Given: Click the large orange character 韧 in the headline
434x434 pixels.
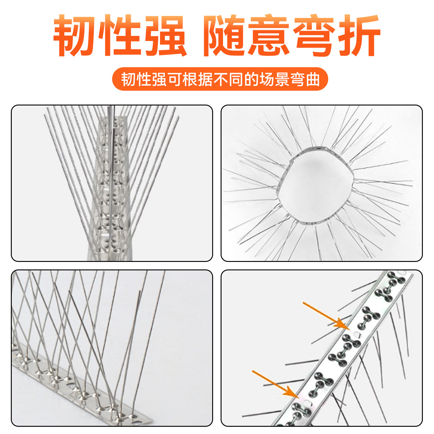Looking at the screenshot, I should tap(75, 35).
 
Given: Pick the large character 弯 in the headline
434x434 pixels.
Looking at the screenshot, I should tap(314, 35).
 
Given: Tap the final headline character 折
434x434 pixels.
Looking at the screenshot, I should tap(359, 35).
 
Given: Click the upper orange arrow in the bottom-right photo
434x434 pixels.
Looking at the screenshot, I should tap(325, 315).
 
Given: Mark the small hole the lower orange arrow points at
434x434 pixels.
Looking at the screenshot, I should tap(307, 402).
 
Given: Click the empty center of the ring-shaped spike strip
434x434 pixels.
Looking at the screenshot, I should tap(315, 185).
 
